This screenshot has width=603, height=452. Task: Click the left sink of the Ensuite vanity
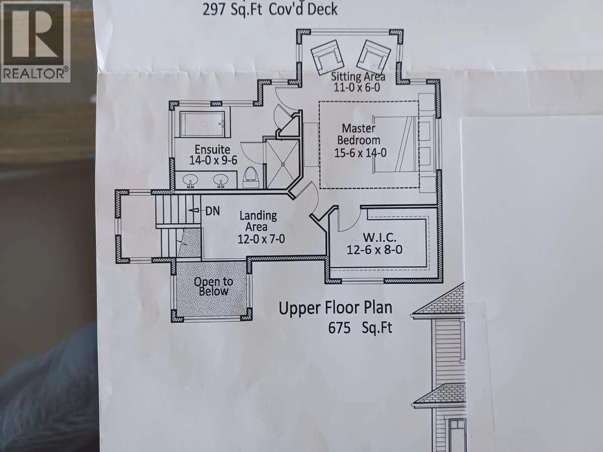click(x=190, y=180)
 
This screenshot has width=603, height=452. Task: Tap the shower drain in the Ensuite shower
click(x=283, y=164)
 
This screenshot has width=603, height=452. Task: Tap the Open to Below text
click(x=213, y=286)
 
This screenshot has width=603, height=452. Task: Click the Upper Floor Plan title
click(x=335, y=308)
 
